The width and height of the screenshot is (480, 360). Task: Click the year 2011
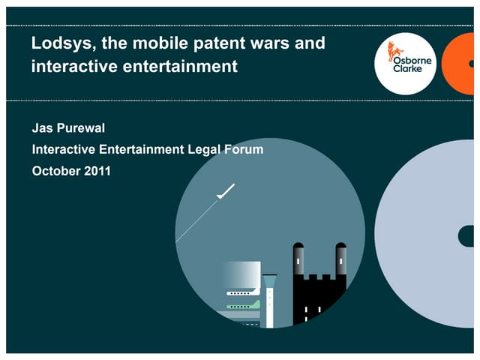[x=97, y=171]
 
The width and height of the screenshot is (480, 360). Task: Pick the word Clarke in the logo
[x=409, y=69]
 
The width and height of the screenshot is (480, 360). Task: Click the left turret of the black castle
[x=298, y=259]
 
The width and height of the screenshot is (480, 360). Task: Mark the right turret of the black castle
[x=340, y=259]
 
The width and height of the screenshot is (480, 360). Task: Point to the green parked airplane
[x=243, y=306]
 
